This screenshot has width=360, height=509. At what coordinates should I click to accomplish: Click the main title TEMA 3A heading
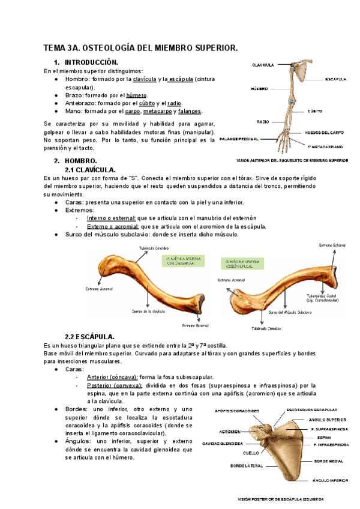[141, 47]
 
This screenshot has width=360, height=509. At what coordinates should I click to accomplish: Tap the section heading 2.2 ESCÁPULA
[98, 336]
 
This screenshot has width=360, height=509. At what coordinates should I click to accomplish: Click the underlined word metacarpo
[157, 111]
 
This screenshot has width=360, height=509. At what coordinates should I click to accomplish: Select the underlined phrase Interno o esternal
[111, 218]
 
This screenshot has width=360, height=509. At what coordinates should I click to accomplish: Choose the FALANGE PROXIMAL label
[239, 139]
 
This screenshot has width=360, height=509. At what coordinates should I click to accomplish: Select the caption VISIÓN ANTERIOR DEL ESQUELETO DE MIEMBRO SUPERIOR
[293, 161]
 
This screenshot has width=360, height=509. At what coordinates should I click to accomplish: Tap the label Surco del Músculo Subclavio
[290, 313]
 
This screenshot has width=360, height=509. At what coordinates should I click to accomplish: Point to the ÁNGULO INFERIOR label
[330, 480]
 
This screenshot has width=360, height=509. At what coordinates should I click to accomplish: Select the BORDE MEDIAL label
[329, 461]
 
